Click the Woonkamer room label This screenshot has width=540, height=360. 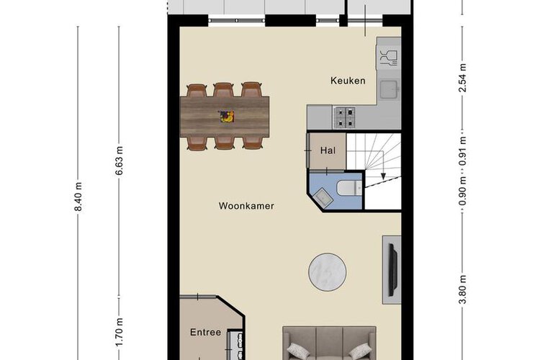(246, 206)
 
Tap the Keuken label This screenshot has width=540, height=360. (348, 81)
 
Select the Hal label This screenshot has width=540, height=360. (328, 150)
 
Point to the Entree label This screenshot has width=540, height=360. (206, 333)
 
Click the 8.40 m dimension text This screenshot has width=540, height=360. (79, 197)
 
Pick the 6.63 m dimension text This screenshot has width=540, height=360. (119, 161)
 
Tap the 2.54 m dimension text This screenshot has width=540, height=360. (462, 78)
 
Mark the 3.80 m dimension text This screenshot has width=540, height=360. (462, 289)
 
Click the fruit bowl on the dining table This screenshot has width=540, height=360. (227, 117)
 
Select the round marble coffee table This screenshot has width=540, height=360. (328, 272)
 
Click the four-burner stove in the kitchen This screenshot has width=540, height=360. (345, 117)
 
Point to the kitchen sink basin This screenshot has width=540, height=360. (389, 89)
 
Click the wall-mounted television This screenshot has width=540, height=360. (392, 270)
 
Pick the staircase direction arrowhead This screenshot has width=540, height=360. (383, 176)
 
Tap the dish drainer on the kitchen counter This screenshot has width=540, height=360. (389, 58)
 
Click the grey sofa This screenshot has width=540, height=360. (329, 343)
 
